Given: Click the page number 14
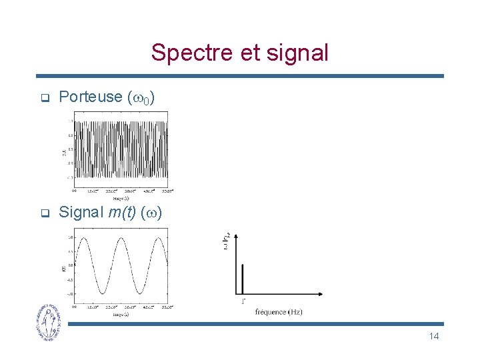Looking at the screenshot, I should click(433, 336).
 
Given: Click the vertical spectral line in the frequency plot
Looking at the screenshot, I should click(243, 278).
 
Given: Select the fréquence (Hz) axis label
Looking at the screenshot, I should click(279, 312).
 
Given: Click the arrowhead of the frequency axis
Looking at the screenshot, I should click(322, 293).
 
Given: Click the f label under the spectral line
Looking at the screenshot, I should click(243, 302).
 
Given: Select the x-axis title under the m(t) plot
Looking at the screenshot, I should click(121, 314).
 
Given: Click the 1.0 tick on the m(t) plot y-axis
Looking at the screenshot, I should click(69, 237).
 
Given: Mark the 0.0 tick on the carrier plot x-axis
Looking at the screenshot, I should click(74, 191).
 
